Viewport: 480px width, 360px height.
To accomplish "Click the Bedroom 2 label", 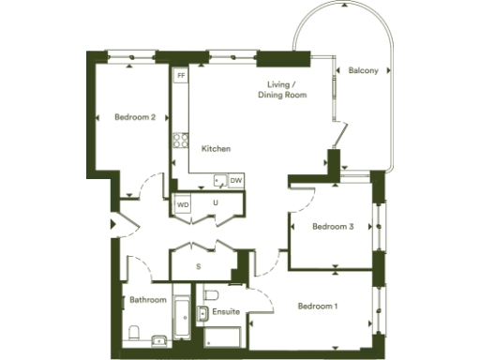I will tap(135, 117).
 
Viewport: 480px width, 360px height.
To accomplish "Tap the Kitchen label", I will tap(216, 149).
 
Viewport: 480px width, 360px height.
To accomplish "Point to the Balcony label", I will tap(363, 71).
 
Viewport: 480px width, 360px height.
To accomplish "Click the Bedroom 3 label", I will tap(333, 226).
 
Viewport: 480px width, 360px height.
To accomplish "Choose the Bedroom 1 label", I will tap(319, 307).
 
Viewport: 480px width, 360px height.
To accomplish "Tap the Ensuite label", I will tap(226, 310).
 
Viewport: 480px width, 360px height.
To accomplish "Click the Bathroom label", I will tap(148, 300).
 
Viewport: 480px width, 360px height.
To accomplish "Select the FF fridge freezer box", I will tap(181, 73).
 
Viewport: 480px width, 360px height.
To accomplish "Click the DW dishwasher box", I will tap(236, 180).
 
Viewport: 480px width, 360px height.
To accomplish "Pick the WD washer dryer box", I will tap(183, 202).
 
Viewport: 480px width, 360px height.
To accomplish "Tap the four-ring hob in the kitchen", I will tap(178, 142).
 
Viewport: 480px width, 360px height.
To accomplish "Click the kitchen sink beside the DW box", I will tap(219, 180).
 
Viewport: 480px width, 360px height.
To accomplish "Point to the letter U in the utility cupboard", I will tap(215, 202).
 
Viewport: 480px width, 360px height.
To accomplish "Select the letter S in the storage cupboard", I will tap(198, 267).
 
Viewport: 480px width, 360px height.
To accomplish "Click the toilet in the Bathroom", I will tap(134, 332).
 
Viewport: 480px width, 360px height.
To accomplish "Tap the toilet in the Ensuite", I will tap(207, 293).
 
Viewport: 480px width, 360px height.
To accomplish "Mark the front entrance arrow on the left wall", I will tap(112, 225).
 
